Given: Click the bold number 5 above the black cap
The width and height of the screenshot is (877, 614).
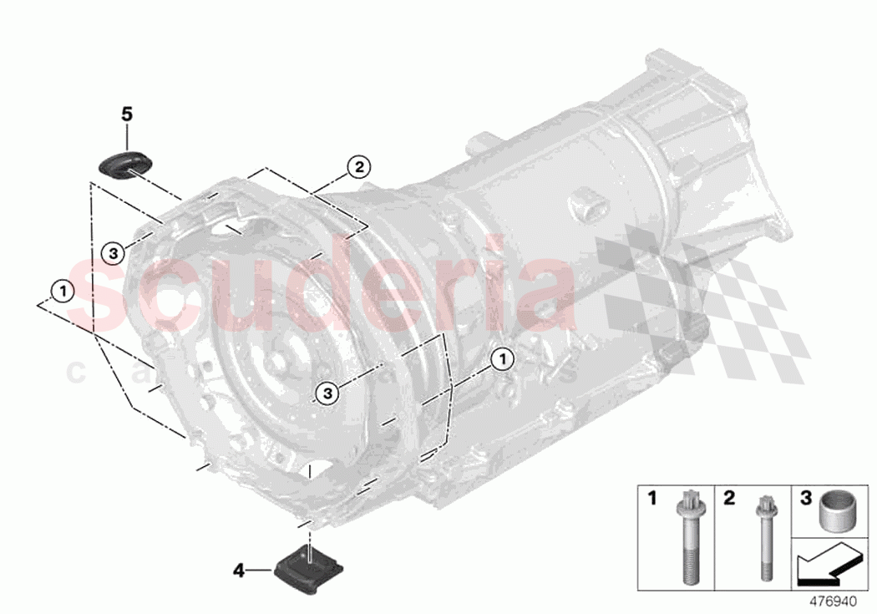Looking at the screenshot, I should [x=127, y=114].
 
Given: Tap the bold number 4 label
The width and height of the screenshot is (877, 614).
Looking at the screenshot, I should [x=239, y=571].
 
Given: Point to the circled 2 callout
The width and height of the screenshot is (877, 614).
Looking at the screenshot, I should [x=357, y=167].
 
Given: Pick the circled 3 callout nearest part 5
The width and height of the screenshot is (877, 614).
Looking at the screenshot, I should [x=114, y=251].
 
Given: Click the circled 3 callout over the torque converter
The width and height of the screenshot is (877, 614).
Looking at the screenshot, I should [x=327, y=390].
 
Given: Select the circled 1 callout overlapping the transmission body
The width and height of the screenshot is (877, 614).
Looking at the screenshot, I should [x=502, y=359].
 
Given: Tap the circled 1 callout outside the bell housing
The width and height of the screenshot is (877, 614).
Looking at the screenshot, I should [x=61, y=291].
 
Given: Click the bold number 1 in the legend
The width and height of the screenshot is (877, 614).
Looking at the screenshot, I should [x=652, y=499].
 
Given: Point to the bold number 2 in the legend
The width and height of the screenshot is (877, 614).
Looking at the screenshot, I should [x=728, y=499].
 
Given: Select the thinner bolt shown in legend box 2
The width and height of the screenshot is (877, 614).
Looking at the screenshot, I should [x=762, y=535].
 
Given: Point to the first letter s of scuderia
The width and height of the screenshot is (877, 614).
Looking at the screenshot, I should [x=96, y=292].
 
